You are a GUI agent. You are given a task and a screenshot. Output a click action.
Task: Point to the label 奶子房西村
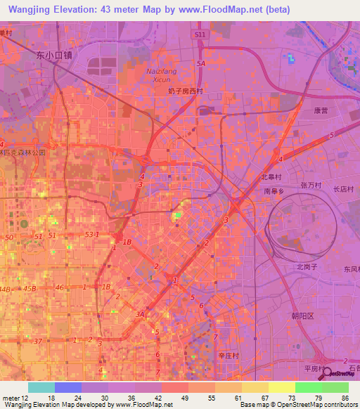[x=186, y=91]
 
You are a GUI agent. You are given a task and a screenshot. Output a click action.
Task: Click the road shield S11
[x=202, y=33]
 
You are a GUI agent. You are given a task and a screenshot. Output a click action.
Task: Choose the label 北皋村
[x=271, y=178]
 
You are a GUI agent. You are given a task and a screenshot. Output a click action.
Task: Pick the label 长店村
[x=342, y=188]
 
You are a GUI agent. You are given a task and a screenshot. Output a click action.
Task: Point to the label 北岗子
[x=307, y=266]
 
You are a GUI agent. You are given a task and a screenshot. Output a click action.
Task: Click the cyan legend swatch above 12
[x=41, y=387]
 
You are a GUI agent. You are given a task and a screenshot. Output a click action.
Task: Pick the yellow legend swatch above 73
[x=281, y=387]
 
